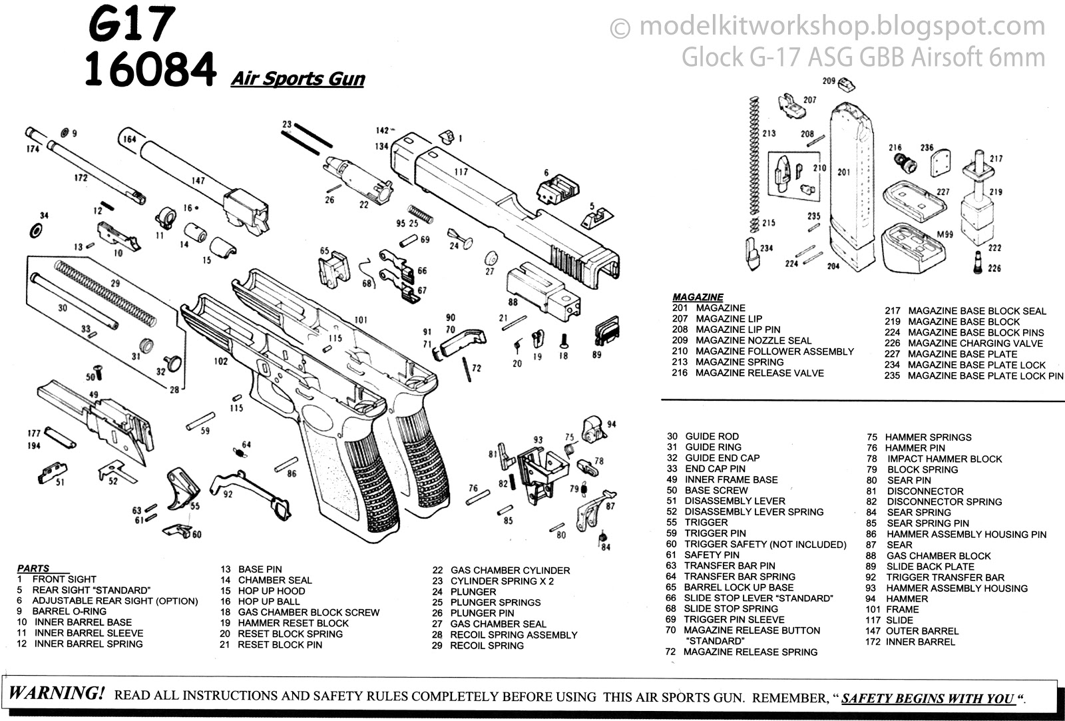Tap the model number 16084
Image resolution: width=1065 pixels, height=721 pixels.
tap(150, 71)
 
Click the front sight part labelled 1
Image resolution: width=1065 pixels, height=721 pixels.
tap(449, 136)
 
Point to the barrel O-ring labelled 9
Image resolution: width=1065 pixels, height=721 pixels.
tap(65, 132)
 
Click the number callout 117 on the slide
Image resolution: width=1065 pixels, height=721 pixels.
tap(461, 172)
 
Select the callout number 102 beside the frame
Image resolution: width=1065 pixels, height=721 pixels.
tap(220, 362)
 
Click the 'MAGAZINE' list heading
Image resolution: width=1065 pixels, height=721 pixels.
tap(698, 297)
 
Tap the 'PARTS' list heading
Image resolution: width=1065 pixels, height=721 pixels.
tap(33, 569)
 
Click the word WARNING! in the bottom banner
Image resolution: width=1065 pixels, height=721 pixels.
tap(56, 693)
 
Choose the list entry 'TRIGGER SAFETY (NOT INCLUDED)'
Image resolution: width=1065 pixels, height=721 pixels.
tap(765, 544)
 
